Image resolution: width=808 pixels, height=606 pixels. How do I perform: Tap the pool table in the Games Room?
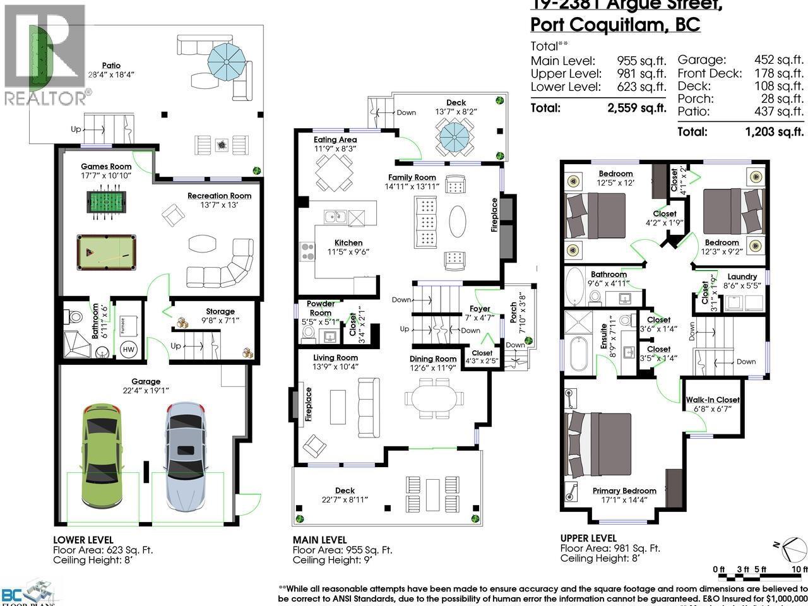(106, 253)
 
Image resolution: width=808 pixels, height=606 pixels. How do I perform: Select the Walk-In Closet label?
(713, 400)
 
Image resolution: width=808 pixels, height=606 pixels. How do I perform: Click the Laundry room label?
(742, 276)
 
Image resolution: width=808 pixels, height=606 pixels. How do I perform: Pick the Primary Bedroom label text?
(624, 490)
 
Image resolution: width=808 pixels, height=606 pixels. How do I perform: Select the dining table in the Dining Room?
(433, 399)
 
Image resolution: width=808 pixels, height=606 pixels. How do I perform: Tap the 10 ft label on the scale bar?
(800, 569)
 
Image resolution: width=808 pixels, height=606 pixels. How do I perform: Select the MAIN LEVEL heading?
(319, 540)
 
